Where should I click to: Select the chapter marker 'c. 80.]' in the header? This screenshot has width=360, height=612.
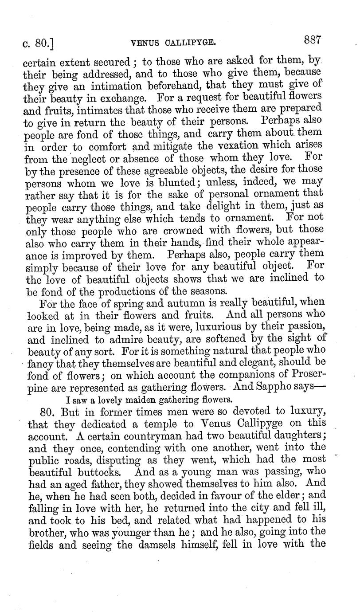(39, 43)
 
